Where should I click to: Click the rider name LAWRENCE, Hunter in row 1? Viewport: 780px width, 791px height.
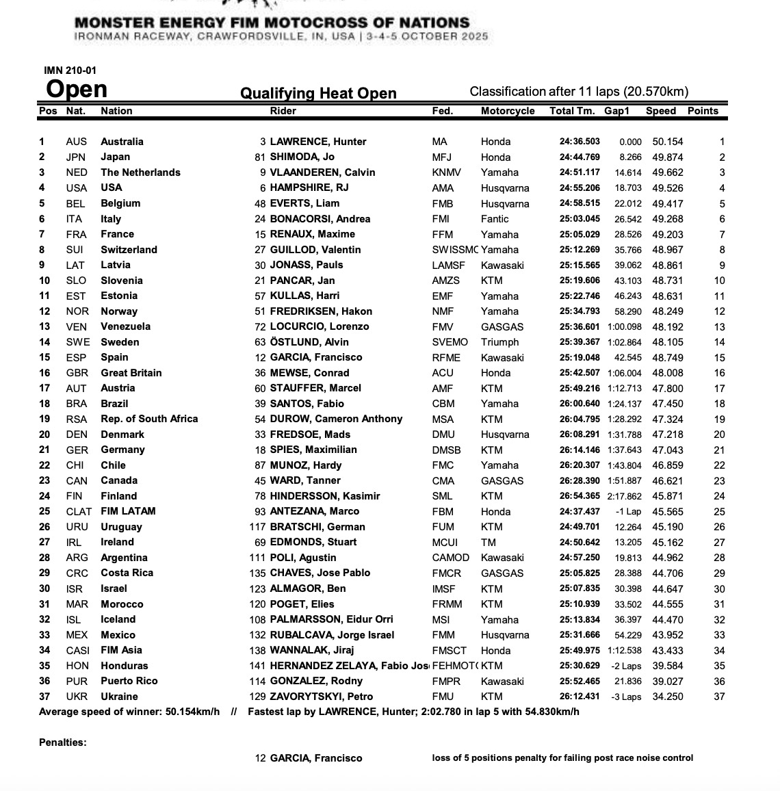[318, 142]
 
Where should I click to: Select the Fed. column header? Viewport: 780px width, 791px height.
[442, 111]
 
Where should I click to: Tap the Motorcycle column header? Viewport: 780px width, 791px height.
[508, 111]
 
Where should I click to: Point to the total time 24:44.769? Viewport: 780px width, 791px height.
[580, 157]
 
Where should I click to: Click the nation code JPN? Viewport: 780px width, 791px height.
[76, 157]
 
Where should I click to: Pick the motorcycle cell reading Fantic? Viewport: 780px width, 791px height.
[495, 219]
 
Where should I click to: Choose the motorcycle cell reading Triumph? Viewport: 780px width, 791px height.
[499, 342]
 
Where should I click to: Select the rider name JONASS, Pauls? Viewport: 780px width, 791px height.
[307, 265]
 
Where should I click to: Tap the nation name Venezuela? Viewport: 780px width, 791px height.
[125, 326]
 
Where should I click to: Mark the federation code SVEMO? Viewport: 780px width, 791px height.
[450, 342]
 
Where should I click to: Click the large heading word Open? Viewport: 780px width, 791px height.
[77, 90]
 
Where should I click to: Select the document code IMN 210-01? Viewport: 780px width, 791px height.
[66, 70]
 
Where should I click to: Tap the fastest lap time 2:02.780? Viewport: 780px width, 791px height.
[442, 712]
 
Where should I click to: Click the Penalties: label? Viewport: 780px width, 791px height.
[63, 742]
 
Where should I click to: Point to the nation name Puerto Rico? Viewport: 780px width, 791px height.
[129, 681]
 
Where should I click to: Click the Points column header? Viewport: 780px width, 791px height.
[703, 111]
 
